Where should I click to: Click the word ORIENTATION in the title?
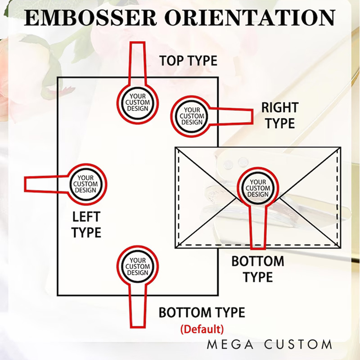[250, 18]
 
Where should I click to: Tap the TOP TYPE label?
[188, 60]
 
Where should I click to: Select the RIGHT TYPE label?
[280, 115]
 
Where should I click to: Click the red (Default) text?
[202, 328]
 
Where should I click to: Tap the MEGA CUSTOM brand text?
[270, 345]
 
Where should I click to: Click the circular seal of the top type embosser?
[138, 103]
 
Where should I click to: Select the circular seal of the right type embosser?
[192, 116]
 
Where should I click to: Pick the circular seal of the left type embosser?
[85, 184]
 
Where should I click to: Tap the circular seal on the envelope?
[258, 188]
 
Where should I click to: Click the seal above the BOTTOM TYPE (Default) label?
[138, 266]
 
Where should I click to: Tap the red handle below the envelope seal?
[258, 227]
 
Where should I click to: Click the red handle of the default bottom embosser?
[138, 306]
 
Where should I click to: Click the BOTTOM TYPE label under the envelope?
[258, 269]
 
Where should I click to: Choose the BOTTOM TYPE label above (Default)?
[202, 312]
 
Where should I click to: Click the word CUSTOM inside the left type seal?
[85, 184]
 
